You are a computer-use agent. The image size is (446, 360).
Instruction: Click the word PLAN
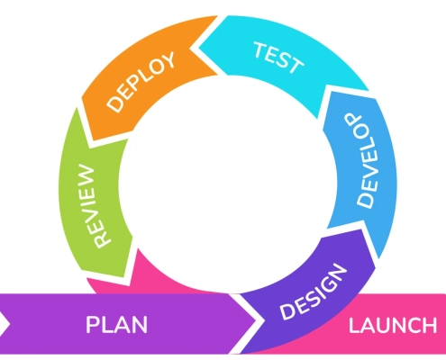tap(116, 325)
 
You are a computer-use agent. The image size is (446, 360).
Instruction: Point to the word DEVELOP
tap(360, 162)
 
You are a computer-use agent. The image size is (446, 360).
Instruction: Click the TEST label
tap(278, 56)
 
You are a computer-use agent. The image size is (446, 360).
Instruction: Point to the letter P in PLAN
tap(93, 325)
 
